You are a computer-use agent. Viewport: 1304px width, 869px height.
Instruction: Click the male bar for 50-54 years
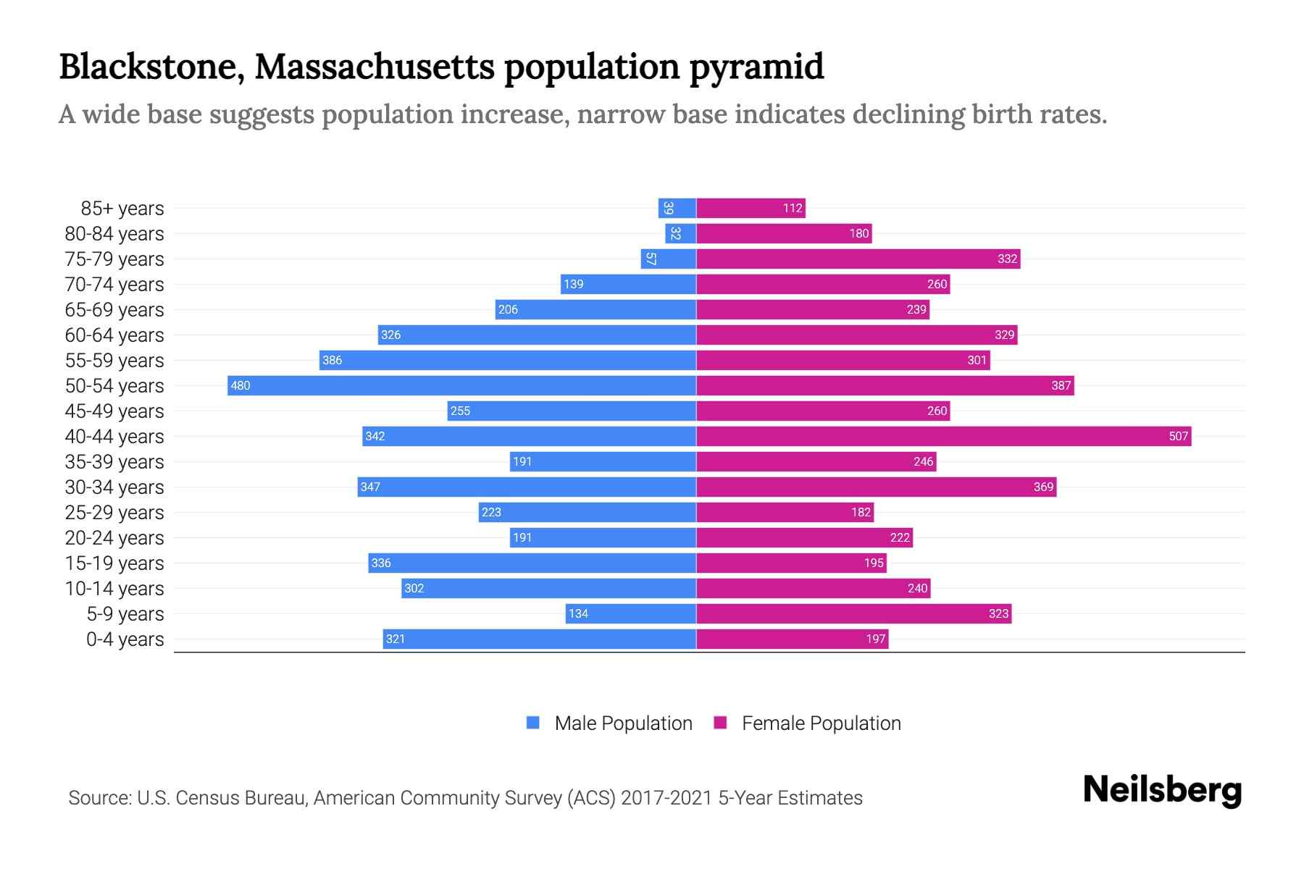[461, 385]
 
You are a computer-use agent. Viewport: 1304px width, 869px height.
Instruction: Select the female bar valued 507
[943, 436]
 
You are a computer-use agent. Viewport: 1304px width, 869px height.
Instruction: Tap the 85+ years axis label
[122, 209]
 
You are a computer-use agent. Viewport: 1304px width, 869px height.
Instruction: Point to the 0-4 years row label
[125, 639]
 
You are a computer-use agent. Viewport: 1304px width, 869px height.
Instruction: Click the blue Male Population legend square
[533, 723]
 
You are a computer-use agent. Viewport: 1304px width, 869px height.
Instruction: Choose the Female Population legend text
[821, 723]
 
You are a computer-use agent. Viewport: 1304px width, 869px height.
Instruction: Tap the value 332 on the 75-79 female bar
[1007, 259]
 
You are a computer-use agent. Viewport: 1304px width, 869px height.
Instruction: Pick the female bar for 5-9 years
[853, 613]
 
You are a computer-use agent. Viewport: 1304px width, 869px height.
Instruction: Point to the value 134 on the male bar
[578, 614]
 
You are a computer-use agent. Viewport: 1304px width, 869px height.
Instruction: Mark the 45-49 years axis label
[114, 411]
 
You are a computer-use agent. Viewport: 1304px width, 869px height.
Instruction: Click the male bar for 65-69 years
[595, 309]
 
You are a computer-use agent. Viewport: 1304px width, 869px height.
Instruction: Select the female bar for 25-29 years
[785, 512]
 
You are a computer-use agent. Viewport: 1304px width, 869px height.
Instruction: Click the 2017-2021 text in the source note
[666, 798]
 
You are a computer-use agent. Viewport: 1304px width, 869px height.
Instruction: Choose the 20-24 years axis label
[114, 538]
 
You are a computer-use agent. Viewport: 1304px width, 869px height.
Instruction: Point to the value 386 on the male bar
[332, 361]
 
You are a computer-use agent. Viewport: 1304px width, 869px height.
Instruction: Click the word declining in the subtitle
[908, 114]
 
